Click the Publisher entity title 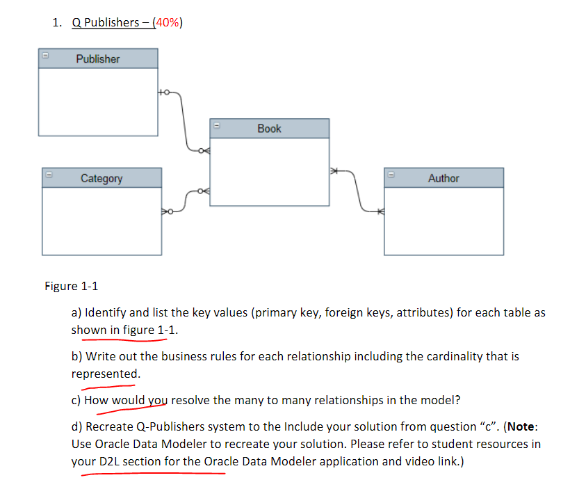coord(98,59)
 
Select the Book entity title coord(269,129)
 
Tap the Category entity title coord(101,179)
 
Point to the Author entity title coord(443,179)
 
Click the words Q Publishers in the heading coord(105,22)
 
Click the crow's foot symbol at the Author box coord(380,210)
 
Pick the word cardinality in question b coord(443,356)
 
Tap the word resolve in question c coord(191,400)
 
